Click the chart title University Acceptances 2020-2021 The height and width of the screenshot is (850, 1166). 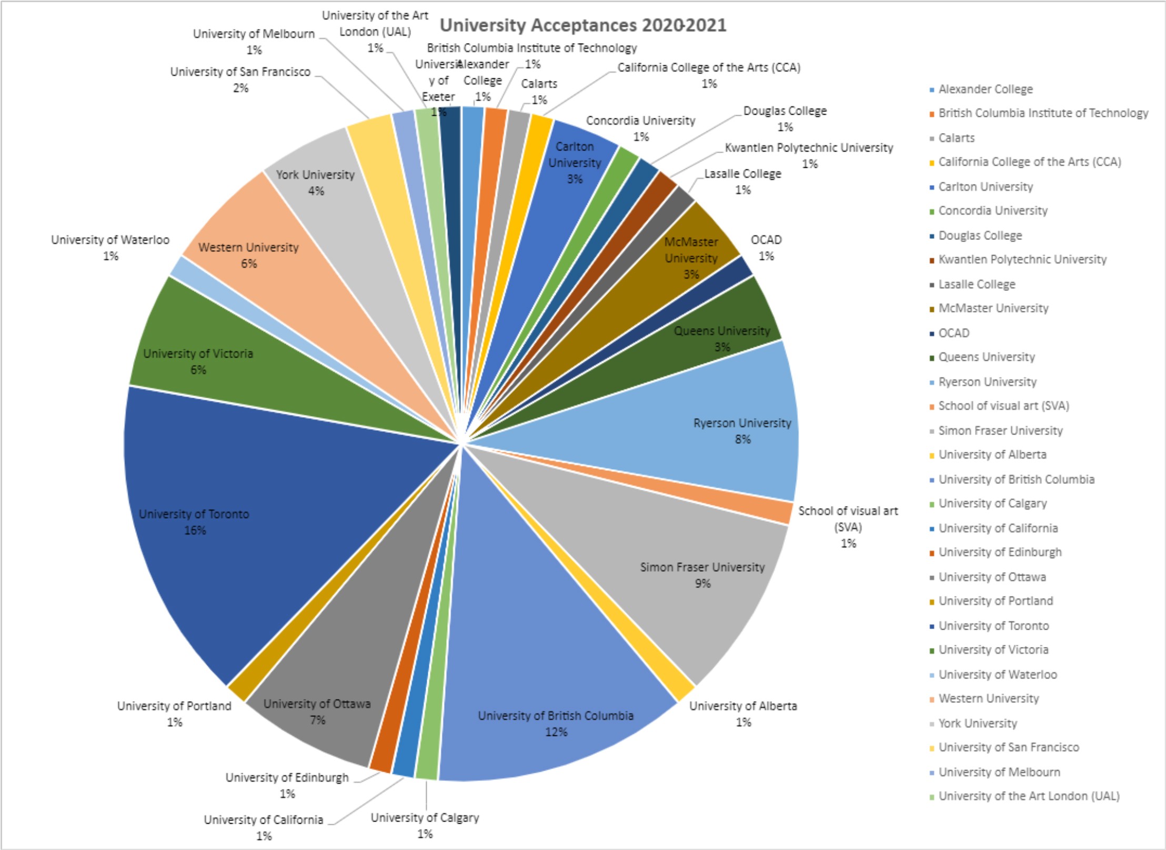582,25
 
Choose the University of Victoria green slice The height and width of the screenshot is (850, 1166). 237,363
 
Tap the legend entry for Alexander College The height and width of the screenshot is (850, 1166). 985,89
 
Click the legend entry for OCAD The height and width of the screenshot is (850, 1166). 953,333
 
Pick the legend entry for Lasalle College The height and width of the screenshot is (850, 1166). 977,285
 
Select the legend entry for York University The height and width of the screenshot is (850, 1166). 978,723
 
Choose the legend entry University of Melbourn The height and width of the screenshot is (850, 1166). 999,772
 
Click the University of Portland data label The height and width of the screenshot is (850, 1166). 174,713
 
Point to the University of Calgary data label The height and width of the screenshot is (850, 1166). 425,825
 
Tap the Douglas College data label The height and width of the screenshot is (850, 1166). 785,118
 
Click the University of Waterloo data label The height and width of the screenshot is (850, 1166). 110,247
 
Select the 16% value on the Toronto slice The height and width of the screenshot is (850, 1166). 195,530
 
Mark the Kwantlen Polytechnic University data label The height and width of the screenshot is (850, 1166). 809,155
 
